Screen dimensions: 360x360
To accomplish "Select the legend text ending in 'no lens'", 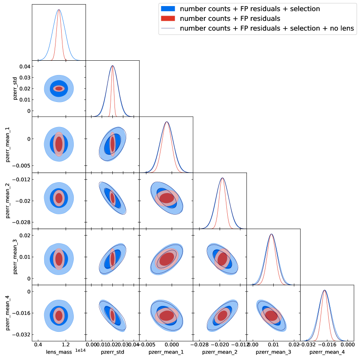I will [267, 29].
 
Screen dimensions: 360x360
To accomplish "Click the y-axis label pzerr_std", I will [16, 88].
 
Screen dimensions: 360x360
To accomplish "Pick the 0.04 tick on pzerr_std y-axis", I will [25, 66].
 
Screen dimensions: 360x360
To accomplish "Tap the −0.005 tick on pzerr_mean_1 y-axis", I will [21, 166].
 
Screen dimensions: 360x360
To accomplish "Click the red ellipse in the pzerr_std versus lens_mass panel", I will [59, 88].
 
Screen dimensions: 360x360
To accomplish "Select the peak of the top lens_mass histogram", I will [59, 10].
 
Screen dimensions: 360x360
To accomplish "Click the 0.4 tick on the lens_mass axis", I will [38, 345].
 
